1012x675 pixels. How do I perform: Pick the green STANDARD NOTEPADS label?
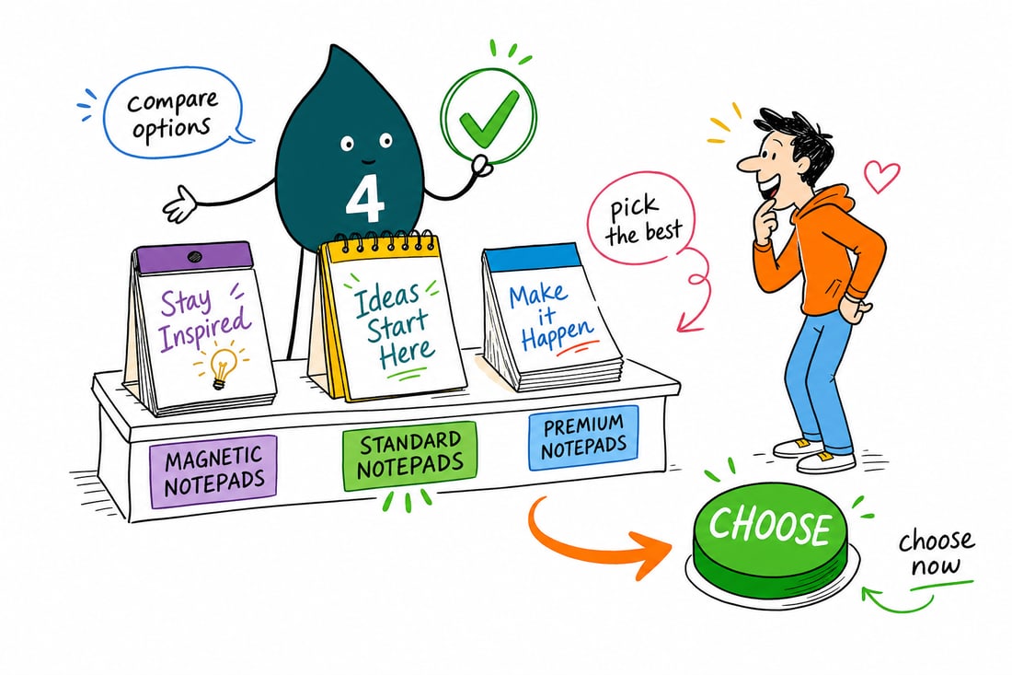[409, 456]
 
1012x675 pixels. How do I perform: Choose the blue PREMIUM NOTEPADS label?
[583, 436]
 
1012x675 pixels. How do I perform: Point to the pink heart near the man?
[881, 175]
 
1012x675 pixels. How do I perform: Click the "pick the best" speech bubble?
[641, 219]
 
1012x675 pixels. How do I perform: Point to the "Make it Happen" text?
[547, 317]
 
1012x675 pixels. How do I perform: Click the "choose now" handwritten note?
[936, 553]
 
